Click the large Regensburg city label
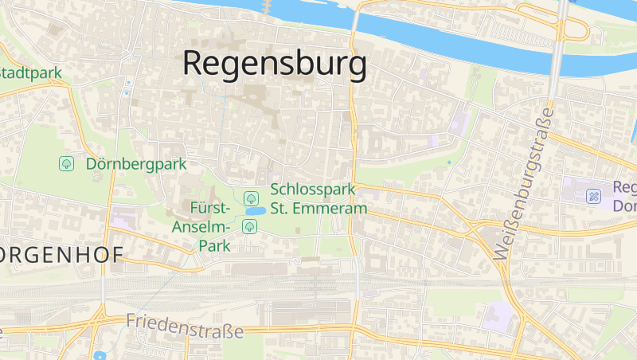coord(275,64)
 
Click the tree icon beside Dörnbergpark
coord(66,164)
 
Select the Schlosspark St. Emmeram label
coord(318,199)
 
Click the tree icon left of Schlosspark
coord(250,197)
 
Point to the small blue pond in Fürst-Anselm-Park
coord(255,211)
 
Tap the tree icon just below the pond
coord(249,227)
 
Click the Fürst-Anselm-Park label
coord(202,227)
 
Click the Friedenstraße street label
coord(184,326)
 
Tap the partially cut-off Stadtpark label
coord(30,73)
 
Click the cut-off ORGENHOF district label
coord(61,255)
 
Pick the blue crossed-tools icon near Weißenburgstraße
coord(593,195)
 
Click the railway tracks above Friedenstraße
coord(239,284)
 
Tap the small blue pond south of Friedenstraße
coord(99,355)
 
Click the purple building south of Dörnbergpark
coord(123,217)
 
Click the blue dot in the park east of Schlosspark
coord(449,163)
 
